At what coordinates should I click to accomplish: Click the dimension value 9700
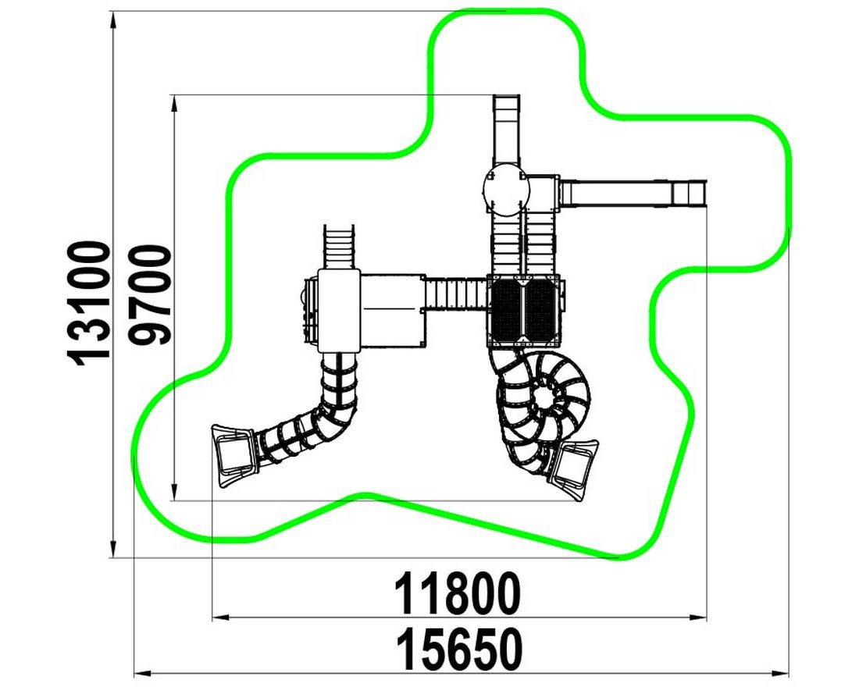click(x=150, y=296)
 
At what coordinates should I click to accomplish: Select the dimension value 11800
click(x=458, y=594)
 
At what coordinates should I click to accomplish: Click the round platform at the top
click(x=506, y=190)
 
